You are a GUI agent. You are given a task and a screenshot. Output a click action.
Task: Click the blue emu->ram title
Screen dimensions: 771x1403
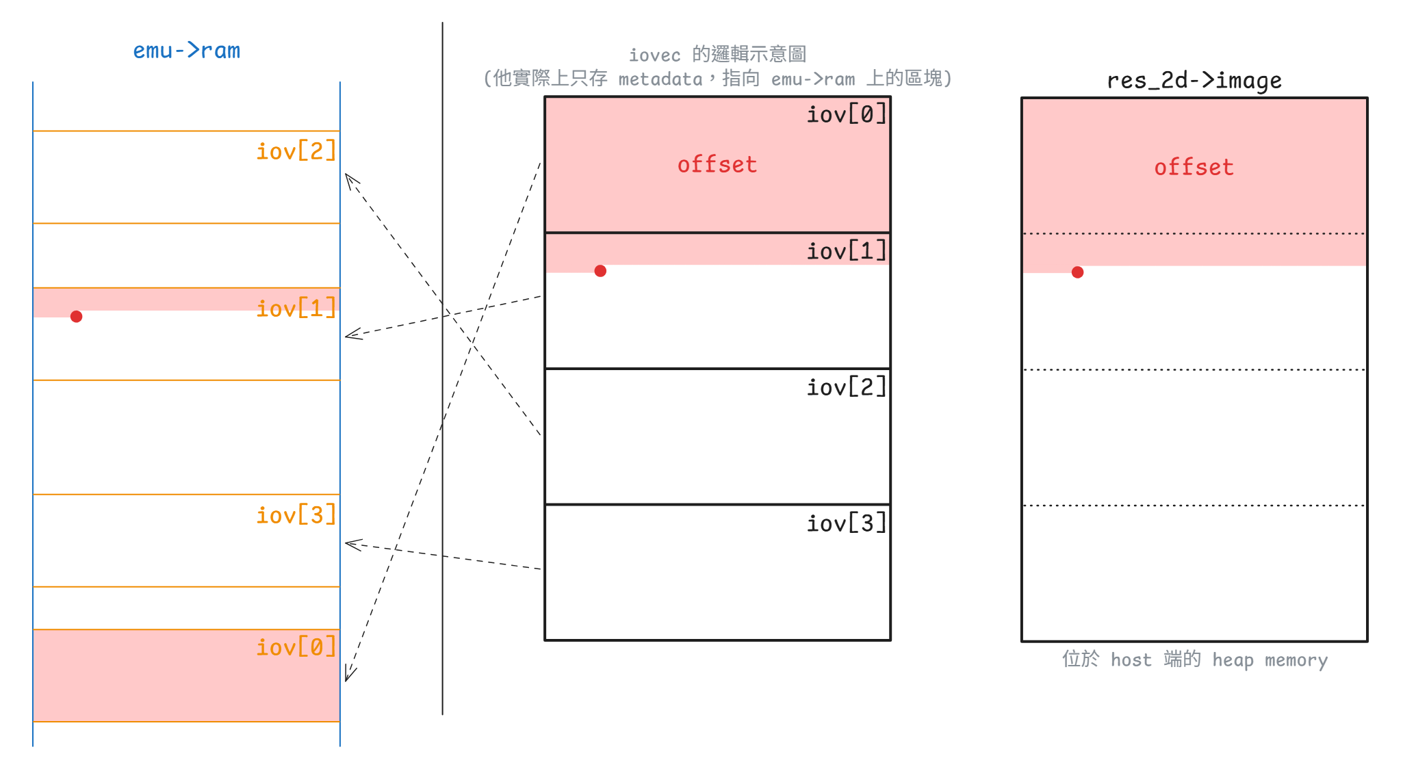tap(186, 51)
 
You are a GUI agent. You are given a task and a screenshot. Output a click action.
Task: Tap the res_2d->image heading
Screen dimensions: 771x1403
tap(1194, 81)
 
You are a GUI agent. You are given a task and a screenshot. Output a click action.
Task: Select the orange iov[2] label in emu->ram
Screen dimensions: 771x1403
tap(296, 151)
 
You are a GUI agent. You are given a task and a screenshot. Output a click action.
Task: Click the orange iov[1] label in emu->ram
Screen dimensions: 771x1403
tap(296, 308)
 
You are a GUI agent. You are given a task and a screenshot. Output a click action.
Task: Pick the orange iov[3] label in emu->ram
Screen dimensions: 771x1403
tap(296, 514)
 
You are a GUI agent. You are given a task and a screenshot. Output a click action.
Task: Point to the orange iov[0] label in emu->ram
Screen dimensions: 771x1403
tap(296, 646)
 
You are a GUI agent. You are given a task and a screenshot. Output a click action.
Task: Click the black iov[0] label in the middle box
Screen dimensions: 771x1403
tap(846, 114)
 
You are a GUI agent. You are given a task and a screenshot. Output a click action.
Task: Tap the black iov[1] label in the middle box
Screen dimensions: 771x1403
tap(846, 251)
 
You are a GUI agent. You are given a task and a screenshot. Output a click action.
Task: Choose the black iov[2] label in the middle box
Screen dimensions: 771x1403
tap(846, 387)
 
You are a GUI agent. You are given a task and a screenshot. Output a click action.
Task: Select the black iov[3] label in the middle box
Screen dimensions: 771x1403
tap(846, 523)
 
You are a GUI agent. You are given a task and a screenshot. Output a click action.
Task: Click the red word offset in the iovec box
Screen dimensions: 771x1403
tap(717, 164)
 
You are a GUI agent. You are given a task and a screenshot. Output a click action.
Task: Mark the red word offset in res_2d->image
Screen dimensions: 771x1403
tap(1194, 167)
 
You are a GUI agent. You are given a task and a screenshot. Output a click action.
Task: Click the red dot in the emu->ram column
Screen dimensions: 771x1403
tap(77, 316)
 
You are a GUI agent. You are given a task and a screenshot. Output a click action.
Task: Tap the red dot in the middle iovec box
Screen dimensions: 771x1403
tap(600, 271)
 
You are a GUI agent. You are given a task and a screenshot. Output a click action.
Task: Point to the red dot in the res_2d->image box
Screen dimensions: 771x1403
tap(1077, 272)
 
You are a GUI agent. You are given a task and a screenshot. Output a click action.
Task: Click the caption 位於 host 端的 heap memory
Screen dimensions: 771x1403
tap(1194, 659)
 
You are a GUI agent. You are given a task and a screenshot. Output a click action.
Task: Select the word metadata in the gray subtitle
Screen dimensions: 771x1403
tap(660, 79)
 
